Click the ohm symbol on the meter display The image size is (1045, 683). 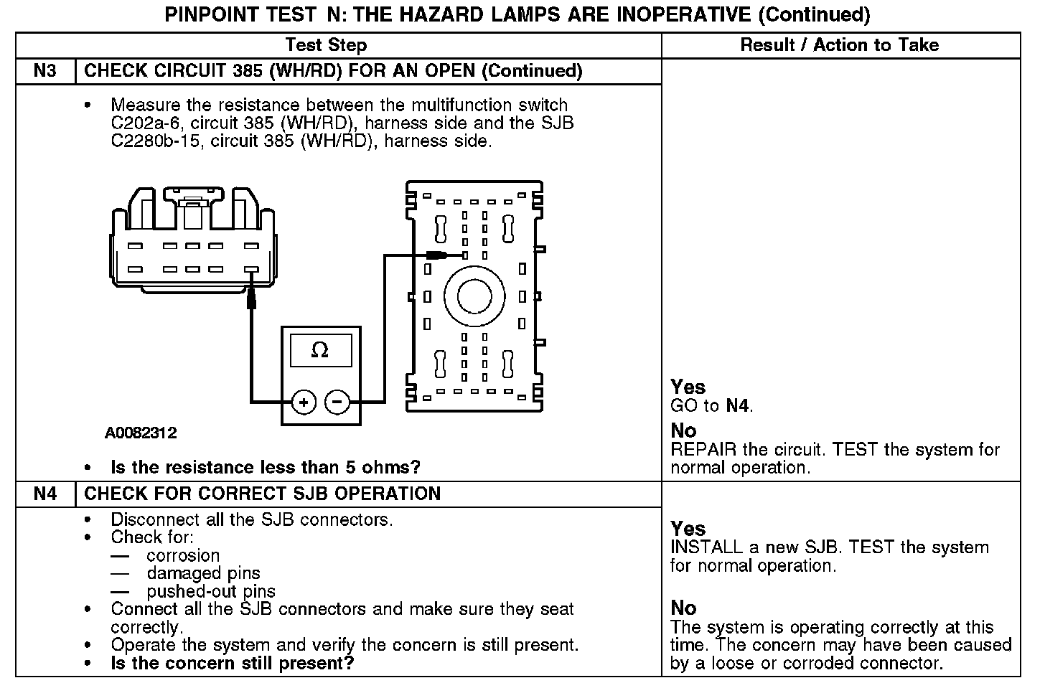click(x=320, y=351)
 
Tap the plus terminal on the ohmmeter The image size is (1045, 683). click(x=304, y=402)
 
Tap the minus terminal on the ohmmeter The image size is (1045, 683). click(x=337, y=402)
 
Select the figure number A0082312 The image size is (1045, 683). click(x=141, y=433)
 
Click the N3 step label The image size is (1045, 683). click(x=45, y=70)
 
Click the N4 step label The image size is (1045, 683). click(x=45, y=494)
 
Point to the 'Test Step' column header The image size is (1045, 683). click(x=326, y=44)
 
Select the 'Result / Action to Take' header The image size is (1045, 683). click(x=839, y=44)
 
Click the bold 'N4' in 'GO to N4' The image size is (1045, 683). click(x=737, y=406)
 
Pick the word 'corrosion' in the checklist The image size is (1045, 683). click(x=183, y=555)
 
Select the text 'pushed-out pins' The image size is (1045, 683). click(x=211, y=591)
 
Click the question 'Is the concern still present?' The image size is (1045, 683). click(x=233, y=663)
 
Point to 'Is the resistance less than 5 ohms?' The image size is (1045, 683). click(x=266, y=467)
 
